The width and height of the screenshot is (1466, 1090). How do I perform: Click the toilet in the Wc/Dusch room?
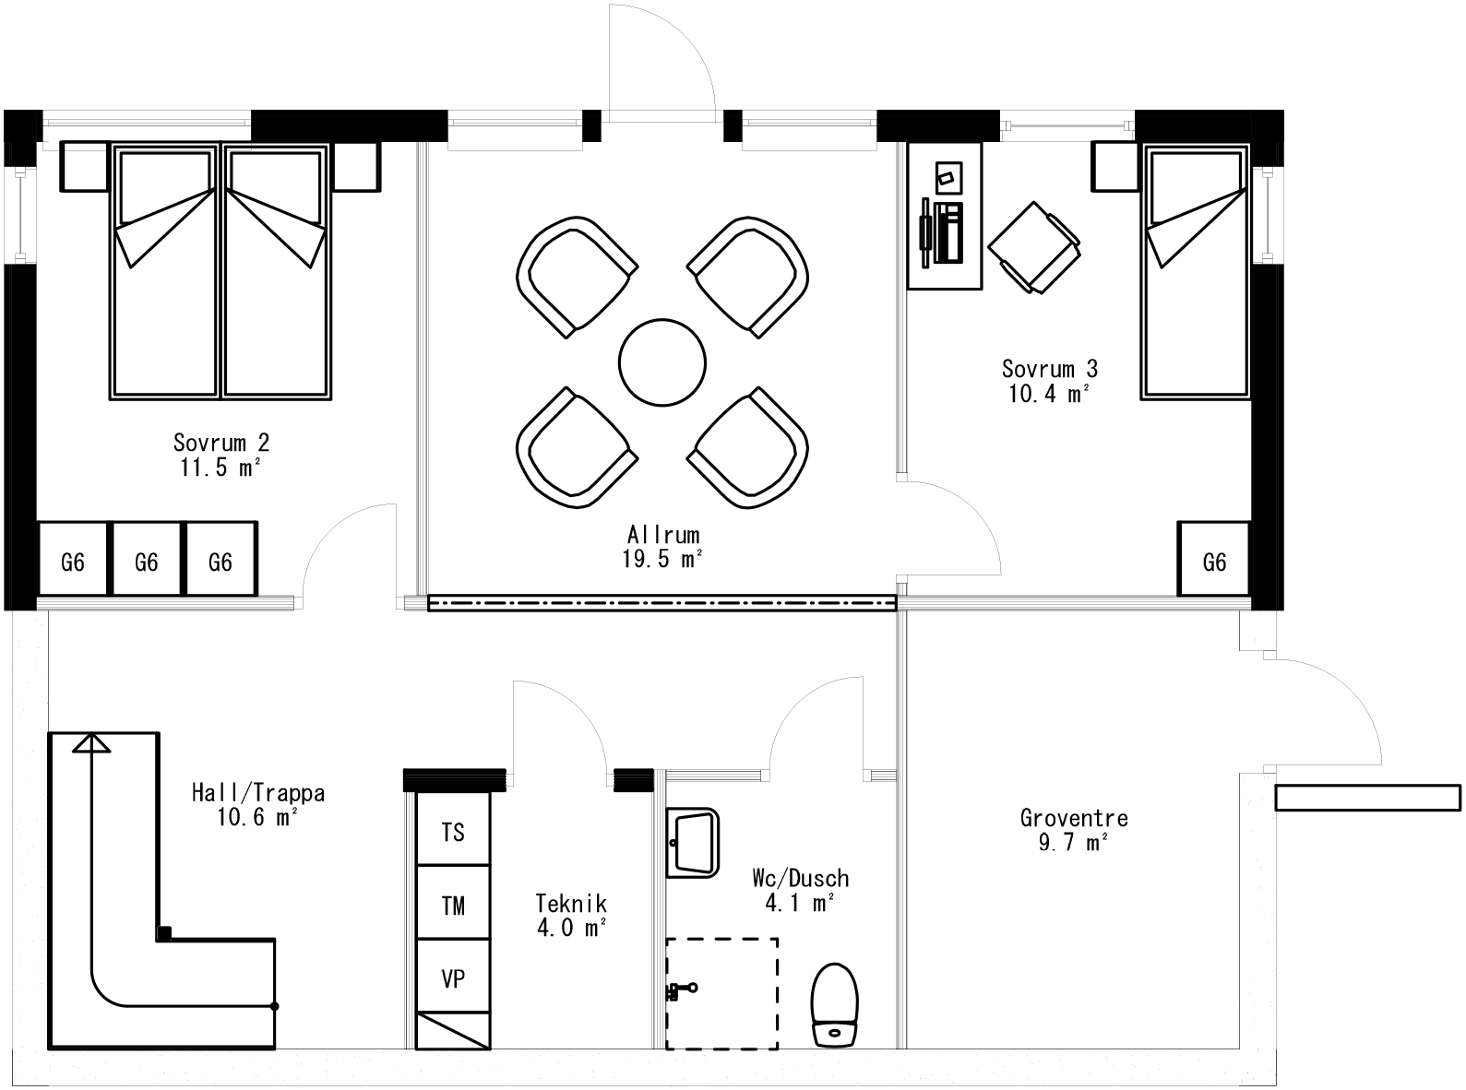[x=835, y=1005]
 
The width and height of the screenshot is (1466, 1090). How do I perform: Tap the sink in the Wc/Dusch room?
[x=692, y=842]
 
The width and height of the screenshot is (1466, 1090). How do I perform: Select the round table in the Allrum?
[x=662, y=362]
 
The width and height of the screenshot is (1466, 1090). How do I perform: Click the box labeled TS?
[x=453, y=833]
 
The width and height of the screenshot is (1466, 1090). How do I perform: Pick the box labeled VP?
[x=453, y=979]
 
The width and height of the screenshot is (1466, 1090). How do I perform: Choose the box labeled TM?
[x=453, y=906]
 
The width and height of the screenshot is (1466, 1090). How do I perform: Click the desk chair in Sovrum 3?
[x=1034, y=248]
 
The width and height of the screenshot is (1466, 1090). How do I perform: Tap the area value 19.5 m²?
[x=662, y=559]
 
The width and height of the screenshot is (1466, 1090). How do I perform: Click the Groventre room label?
[x=1074, y=818]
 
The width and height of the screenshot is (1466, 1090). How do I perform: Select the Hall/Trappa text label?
[x=258, y=792]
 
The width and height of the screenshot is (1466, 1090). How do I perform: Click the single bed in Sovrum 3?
[x=1196, y=277]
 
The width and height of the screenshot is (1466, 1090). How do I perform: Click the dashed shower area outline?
[x=722, y=993]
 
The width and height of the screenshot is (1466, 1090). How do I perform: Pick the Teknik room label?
[x=571, y=904]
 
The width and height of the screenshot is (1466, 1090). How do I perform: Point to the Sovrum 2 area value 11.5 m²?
[x=220, y=468]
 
